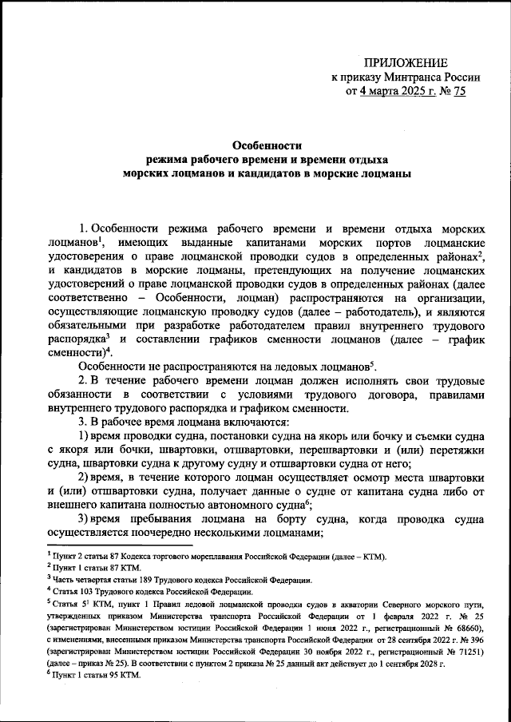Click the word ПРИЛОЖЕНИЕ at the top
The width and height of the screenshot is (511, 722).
point(406,62)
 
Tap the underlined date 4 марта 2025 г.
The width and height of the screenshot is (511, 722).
point(393,92)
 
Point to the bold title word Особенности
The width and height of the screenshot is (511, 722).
point(266,145)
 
